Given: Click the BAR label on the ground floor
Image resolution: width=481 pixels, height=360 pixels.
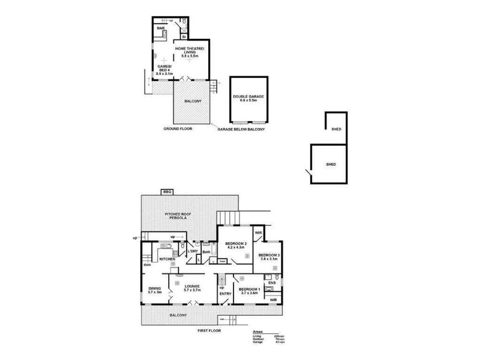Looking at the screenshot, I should (x=161, y=29).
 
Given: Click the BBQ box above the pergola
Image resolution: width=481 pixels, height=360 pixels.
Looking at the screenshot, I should (x=167, y=192).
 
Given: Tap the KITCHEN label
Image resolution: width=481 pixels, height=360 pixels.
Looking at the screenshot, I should (x=167, y=259).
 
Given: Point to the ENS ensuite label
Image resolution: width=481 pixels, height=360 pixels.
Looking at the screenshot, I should (x=272, y=283).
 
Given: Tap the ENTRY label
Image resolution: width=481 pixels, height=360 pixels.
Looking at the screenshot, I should (x=225, y=294).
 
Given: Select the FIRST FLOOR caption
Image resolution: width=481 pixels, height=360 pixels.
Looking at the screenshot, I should (x=209, y=330).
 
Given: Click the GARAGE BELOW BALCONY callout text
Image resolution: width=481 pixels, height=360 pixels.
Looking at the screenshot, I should (x=241, y=129).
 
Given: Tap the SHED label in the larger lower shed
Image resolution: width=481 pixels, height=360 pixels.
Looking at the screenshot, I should (x=331, y=165).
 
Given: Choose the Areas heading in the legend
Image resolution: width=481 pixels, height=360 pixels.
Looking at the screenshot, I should (x=257, y=331).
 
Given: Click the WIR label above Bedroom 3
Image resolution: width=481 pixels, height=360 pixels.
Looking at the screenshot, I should (x=258, y=233).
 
